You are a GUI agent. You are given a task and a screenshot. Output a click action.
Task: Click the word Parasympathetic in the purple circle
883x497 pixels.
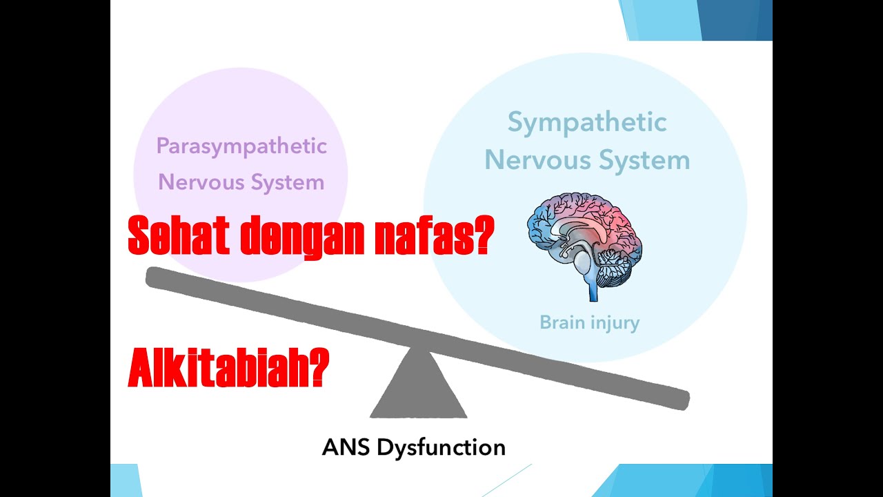[x=241, y=146]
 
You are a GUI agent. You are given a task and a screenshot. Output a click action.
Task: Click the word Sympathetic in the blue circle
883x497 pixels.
[x=587, y=123]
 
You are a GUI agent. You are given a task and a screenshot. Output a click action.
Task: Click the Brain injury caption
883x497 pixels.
[x=589, y=322]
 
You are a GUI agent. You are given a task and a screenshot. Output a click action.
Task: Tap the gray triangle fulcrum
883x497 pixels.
[x=418, y=390]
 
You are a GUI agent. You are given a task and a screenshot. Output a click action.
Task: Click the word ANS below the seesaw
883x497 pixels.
[x=346, y=447]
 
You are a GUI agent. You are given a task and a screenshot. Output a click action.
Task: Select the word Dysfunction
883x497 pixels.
[x=441, y=447]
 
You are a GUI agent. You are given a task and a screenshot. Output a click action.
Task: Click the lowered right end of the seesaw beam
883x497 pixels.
[x=679, y=400]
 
